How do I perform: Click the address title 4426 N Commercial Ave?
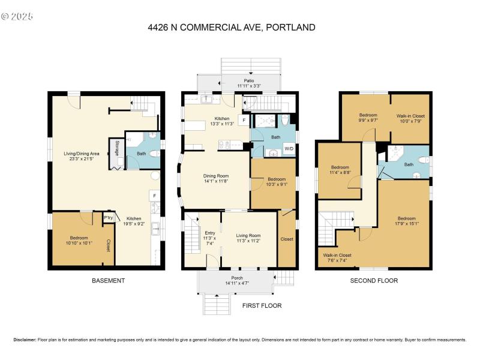[x=231, y=27]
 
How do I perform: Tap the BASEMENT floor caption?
[x=108, y=280]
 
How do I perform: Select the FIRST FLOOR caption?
[x=262, y=305]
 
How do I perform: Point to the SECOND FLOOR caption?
[x=374, y=280]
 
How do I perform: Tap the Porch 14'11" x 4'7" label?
[x=237, y=280]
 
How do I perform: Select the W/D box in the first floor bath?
[x=289, y=148]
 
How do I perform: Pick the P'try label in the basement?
[x=109, y=218]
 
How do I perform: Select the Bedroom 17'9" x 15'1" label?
[x=406, y=221]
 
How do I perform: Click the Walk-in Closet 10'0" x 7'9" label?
[x=410, y=118]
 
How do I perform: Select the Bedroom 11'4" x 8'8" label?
[x=340, y=170]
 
